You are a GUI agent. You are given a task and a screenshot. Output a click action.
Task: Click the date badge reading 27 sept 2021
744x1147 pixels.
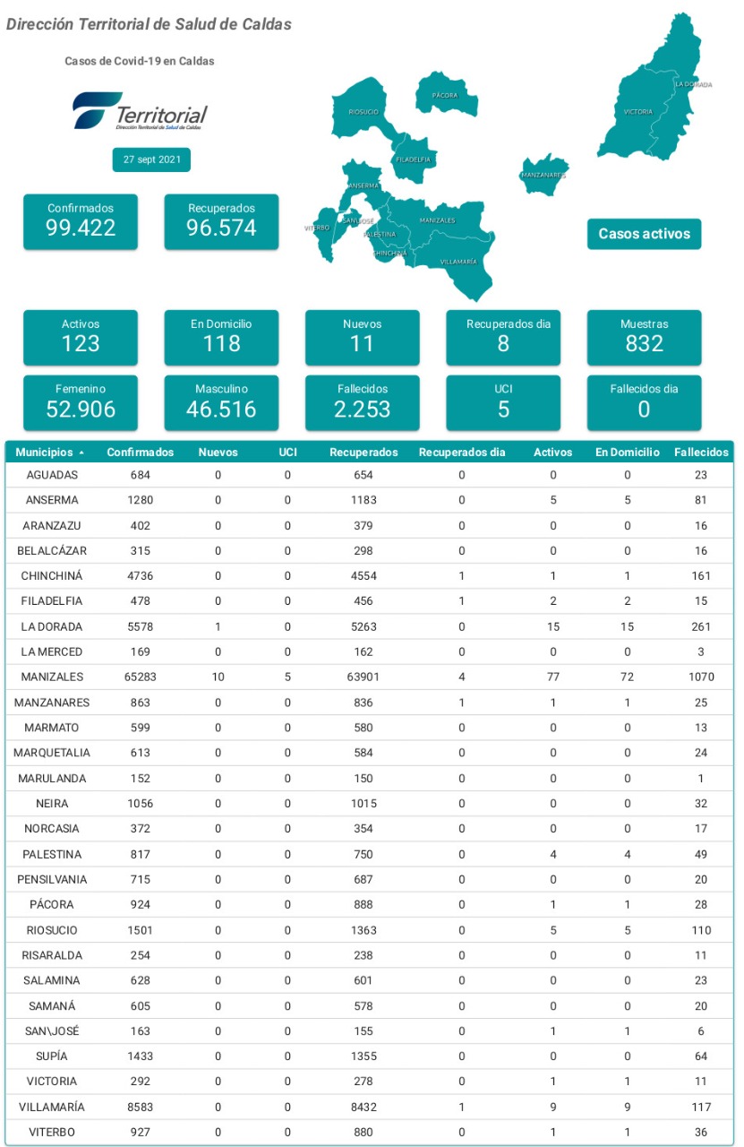click(151, 160)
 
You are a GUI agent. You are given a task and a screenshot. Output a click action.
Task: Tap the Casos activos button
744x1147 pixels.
click(645, 234)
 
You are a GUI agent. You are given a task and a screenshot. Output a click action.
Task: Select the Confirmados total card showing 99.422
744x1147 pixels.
click(81, 221)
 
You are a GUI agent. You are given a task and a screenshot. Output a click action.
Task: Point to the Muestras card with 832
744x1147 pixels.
click(645, 338)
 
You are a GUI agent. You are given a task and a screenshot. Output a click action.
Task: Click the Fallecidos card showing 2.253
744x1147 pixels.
click(363, 403)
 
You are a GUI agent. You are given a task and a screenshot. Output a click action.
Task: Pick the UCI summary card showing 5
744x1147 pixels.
click(503, 403)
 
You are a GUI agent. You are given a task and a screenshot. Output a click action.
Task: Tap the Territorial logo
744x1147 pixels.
click(141, 110)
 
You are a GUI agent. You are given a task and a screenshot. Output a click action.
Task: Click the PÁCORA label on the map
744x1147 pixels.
click(445, 95)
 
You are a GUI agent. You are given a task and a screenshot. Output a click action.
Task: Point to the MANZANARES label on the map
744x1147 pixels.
click(543, 175)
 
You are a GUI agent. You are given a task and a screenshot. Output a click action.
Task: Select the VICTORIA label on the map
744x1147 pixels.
click(638, 112)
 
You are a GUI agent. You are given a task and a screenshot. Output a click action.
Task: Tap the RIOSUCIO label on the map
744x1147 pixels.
click(363, 112)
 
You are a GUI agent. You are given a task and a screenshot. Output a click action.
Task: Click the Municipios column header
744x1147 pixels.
click(45, 453)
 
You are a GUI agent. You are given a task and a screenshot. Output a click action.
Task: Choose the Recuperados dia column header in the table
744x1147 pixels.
click(462, 453)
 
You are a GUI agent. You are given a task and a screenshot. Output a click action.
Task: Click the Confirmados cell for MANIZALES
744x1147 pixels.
click(141, 677)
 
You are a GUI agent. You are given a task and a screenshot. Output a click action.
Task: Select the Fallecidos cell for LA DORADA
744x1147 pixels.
click(701, 626)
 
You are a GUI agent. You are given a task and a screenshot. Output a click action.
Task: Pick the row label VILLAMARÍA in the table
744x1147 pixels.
click(52, 1107)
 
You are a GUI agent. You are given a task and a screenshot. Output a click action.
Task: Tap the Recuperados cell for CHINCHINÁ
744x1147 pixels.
click(363, 576)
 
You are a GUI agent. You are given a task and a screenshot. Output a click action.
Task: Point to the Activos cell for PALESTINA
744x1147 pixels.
click(553, 854)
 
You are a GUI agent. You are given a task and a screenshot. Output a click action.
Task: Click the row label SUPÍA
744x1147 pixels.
click(52, 1056)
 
